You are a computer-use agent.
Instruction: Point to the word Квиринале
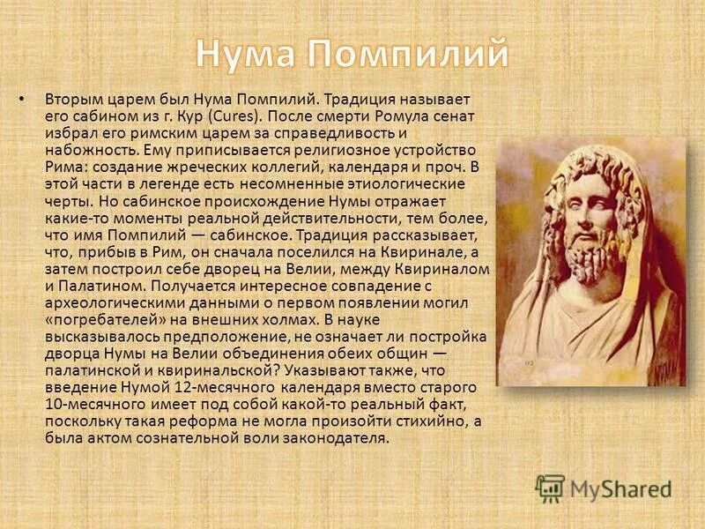click(429, 252)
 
